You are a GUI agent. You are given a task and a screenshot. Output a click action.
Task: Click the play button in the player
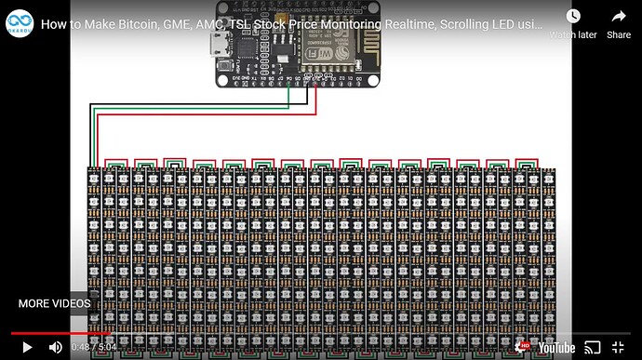coord(27,347)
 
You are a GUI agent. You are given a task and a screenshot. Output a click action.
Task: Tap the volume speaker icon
coord(56,347)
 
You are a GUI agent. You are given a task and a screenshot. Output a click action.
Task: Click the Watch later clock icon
coord(573,17)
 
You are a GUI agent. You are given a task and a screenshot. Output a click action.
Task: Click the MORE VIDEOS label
coord(55,303)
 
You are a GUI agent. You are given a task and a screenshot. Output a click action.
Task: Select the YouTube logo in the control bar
coord(557,347)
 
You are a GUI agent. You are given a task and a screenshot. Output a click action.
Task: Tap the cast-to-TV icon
coord(592,347)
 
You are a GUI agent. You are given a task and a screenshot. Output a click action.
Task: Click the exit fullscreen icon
coord(618,347)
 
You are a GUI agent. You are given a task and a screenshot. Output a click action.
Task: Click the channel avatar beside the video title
coord(20,24)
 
